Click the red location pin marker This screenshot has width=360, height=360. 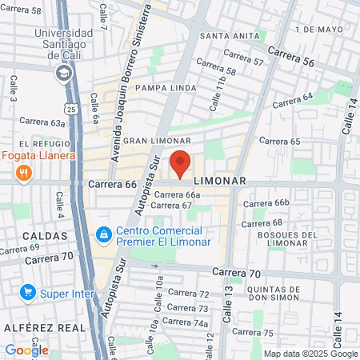pos(180,163)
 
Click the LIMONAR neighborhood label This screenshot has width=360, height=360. pos(220,181)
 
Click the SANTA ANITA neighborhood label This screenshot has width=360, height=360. pos(230,36)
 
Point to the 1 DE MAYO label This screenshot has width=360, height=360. pos(317,29)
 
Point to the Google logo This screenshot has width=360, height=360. pos(26,350)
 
